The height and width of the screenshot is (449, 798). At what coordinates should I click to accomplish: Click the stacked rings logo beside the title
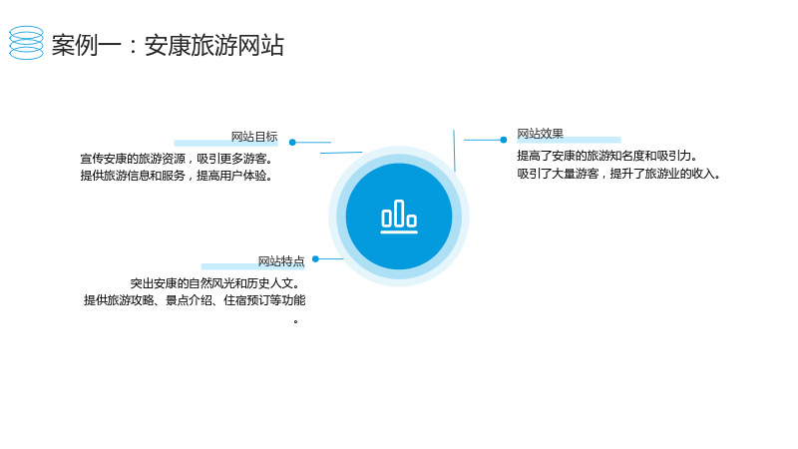pos(27,43)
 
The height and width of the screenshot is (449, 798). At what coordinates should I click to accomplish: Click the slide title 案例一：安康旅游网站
pos(168,45)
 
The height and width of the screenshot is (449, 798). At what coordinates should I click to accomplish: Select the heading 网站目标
pos(254,137)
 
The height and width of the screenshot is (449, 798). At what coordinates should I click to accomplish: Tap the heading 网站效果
pos(540,134)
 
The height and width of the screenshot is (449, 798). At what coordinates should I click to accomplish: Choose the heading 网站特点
pos(281,261)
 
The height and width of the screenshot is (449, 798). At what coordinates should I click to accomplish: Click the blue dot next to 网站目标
pos(292,143)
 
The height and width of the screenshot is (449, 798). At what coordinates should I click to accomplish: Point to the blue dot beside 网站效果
pos(504,140)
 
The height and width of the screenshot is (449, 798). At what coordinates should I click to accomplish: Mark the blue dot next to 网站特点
pos(315,259)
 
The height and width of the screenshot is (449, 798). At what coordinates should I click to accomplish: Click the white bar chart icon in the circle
pos(399,217)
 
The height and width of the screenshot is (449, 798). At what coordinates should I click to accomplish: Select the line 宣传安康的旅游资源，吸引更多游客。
pos(177,159)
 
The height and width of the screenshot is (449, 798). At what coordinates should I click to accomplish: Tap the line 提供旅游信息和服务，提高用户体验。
pos(177,176)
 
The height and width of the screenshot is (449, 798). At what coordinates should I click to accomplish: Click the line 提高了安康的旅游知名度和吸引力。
pos(607,156)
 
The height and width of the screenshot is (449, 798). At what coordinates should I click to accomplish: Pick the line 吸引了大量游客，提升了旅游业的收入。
pos(618,174)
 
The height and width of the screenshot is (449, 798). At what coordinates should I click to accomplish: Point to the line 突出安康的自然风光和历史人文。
pos(214,283)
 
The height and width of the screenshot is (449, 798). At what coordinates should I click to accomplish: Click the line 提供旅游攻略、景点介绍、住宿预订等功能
pos(195,300)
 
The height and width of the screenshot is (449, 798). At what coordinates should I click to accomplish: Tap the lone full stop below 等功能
pos(295,321)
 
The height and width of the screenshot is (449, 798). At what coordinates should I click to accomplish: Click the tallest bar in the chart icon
pos(400,213)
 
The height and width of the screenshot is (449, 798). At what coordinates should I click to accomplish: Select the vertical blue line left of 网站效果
pos(454,151)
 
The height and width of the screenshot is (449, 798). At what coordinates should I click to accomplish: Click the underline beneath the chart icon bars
pos(399,232)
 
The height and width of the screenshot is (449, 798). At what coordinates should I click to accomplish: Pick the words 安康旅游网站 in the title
pos(214,45)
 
